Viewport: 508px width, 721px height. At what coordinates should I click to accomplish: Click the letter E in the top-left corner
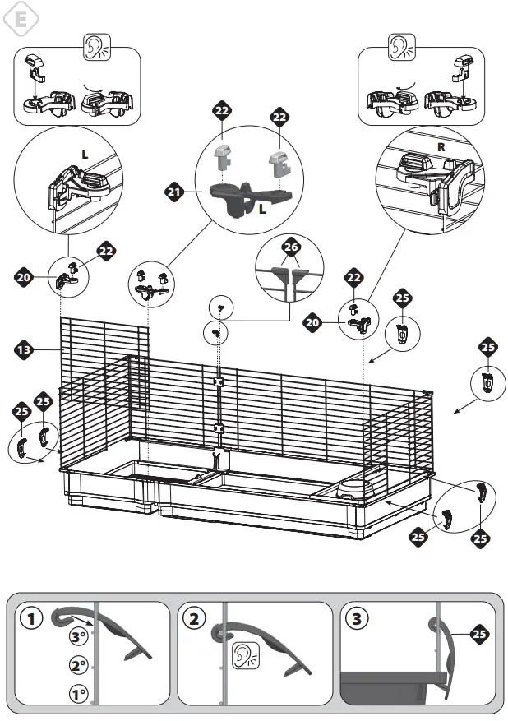[22, 19]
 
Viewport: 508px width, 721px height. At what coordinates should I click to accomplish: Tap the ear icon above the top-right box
[400, 48]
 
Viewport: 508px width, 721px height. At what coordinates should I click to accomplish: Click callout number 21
[173, 192]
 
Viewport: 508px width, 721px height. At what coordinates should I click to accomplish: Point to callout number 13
[25, 350]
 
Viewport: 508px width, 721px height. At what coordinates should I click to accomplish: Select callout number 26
[290, 247]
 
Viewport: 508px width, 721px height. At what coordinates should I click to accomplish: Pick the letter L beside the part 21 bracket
[261, 210]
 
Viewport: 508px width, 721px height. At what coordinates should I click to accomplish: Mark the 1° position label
[78, 694]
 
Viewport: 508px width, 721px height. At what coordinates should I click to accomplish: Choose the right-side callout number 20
[312, 323]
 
